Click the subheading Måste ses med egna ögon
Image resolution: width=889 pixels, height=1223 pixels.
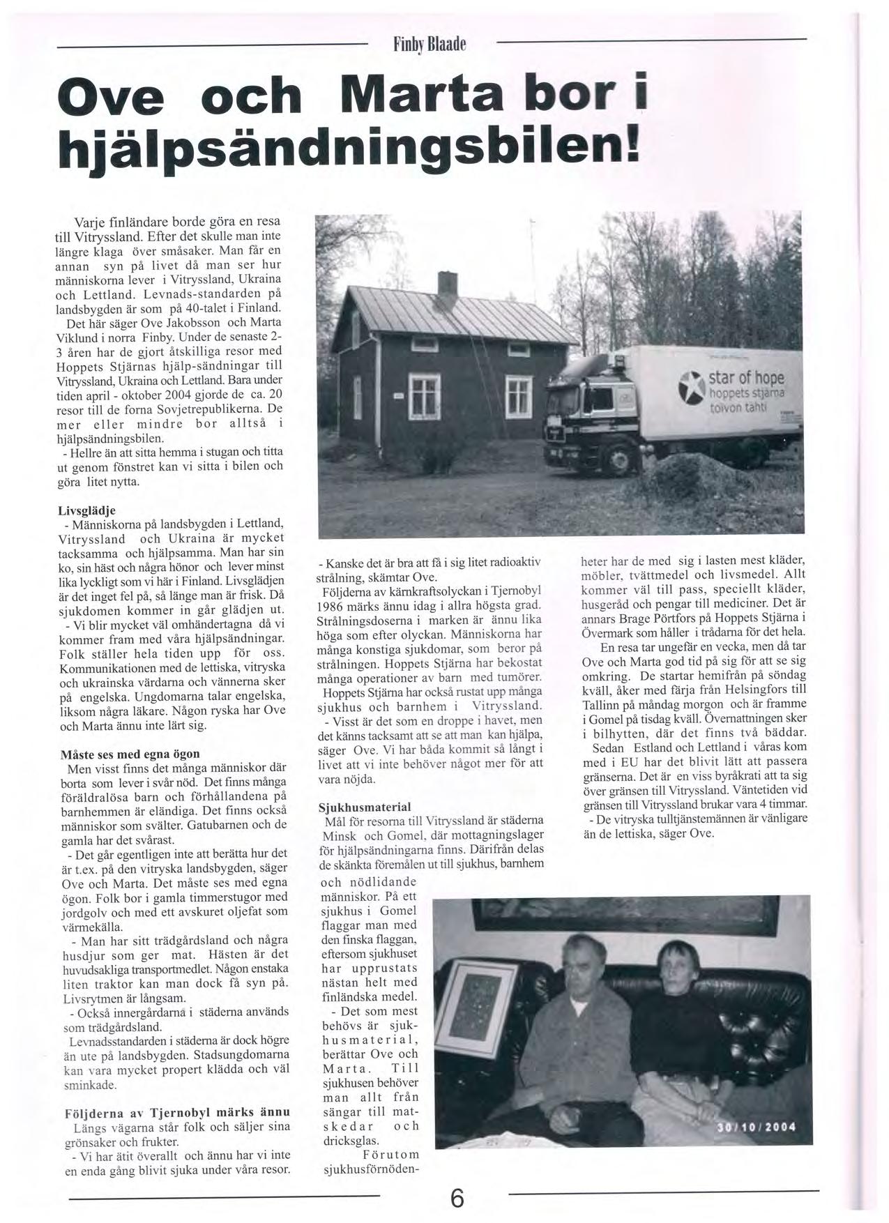[130, 754]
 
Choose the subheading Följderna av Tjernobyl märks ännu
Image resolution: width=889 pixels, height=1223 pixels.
[177, 1111]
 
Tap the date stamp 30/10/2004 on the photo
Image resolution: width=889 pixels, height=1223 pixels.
[757, 1128]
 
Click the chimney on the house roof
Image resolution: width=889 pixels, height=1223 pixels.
[446, 284]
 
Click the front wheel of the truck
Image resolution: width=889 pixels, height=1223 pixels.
[620, 456]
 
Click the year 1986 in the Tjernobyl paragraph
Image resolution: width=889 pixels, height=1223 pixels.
[333, 606]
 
